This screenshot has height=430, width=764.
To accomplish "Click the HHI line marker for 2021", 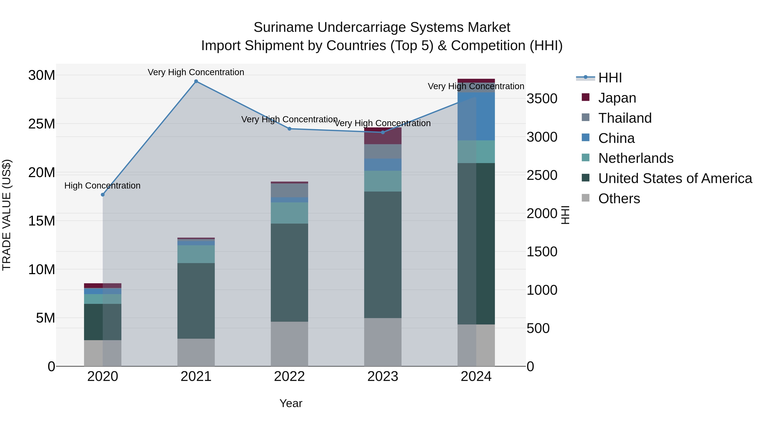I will coord(196,81).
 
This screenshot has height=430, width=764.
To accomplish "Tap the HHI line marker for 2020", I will coord(103,195).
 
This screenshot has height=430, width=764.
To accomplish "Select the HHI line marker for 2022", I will coord(289,129).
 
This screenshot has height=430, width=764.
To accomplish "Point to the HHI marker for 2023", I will coord(383,132).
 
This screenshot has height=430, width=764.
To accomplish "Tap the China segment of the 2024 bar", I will coord(476,116).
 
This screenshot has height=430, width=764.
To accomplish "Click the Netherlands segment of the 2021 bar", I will coord(196,254).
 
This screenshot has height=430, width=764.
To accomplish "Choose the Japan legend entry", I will coord(617,98).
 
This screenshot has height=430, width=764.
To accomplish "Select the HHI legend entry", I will coord(610,78).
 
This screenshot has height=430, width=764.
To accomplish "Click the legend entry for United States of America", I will coord(675,178).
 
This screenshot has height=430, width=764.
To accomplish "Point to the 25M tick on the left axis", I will coord(42,124).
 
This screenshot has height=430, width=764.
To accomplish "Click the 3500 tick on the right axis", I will coord(542,99).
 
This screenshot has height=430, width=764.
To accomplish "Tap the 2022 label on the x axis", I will coord(289,376).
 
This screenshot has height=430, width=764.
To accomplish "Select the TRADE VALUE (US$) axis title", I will coord(7,215).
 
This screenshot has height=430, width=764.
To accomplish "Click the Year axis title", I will coord(291,403).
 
